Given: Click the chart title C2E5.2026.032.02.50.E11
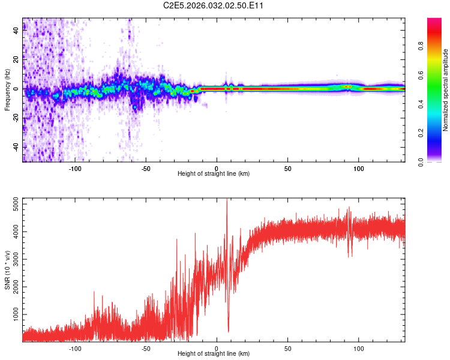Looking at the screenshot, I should pyautogui.click(x=214, y=6).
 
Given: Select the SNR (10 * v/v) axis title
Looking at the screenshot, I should pyautogui.click(x=7, y=269).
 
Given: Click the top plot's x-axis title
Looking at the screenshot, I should pyautogui.click(x=214, y=173).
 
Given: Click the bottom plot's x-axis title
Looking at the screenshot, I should pyautogui.click(x=214, y=353).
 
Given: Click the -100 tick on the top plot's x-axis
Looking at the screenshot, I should pyautogui.click(x=75, y=169).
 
